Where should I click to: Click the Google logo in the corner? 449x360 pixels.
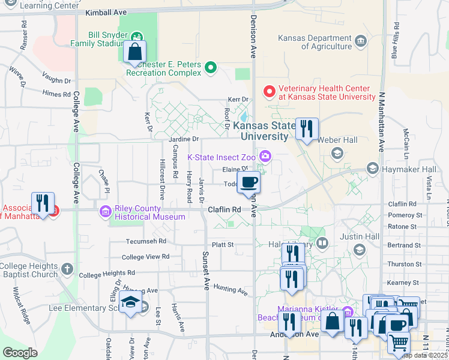click(20, 353)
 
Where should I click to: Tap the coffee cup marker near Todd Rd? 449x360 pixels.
click(249, 182)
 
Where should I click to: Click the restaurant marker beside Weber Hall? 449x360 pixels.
click(307, 129)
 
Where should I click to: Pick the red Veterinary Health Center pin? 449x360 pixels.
click(270, 92)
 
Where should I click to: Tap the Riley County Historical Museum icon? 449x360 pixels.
click(106, 211)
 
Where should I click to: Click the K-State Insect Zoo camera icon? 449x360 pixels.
click(265, 157)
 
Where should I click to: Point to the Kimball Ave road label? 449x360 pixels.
click(107, 12)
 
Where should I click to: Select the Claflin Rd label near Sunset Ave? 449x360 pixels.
click(224, 209)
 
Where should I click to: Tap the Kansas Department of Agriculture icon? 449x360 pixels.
click(360, 41)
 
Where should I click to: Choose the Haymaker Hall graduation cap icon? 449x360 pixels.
click(373, 169)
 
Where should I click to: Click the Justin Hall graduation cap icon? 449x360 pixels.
click(359, 250)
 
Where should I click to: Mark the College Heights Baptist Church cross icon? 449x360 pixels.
click(67, 268)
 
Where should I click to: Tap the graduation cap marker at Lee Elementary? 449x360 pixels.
click(130, 304)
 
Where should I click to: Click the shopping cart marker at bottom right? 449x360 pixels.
click(399, 344)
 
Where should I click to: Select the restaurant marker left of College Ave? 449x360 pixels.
click(43, 203)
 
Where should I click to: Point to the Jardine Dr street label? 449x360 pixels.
click(180, 139)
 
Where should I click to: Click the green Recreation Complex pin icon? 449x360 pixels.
click(210, 68)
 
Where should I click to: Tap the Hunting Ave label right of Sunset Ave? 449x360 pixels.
click(231, 291)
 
